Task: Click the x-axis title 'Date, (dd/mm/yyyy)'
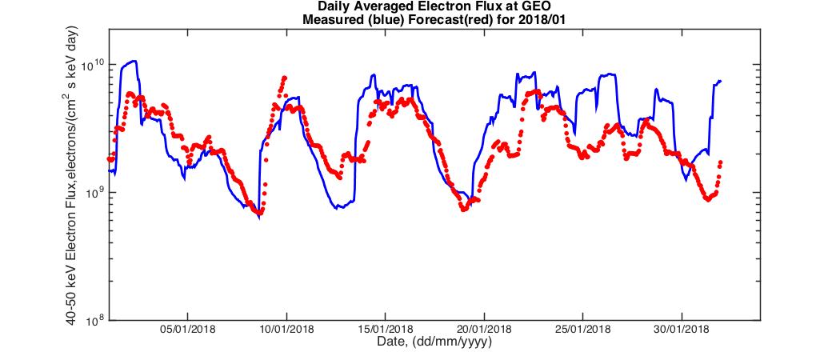(x=434, y=342)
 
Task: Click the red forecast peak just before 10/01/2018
(x=284, y=78)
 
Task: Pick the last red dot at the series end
(x=720, y=162)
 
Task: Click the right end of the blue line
(x=721, y=81)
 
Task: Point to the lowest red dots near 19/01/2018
(x=463, y=208)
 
